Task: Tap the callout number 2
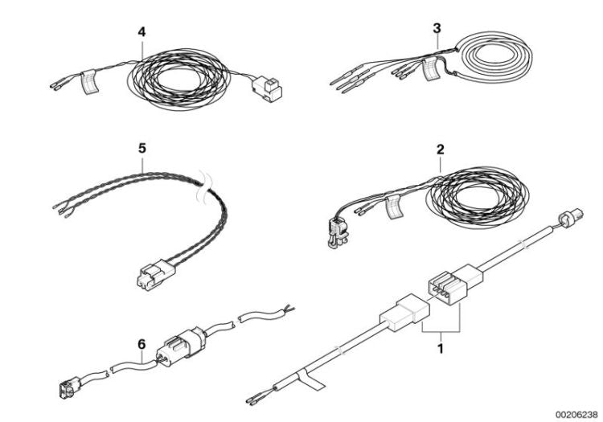click(x=440, y=149)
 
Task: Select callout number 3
click(x=437, y=28)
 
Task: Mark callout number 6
click(x=141, y=345)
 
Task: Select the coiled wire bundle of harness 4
click(x=181, y=80)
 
